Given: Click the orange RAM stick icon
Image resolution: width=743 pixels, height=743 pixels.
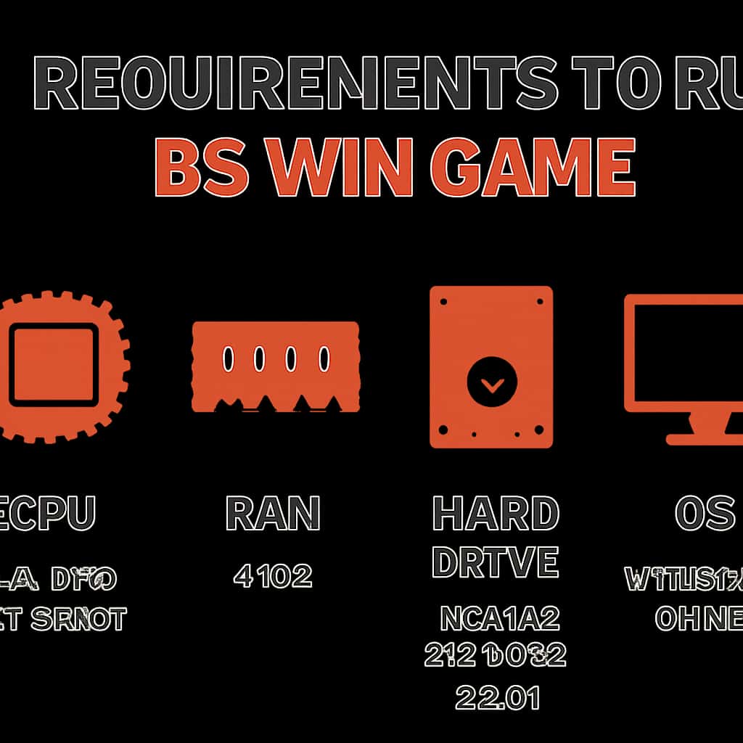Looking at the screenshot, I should [276, 366].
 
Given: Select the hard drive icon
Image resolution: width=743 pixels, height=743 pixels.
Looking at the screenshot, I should [491, 366].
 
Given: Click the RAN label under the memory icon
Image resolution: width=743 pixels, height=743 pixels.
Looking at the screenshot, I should [273, 514].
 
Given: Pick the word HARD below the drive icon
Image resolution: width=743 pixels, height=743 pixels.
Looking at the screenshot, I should [496, 514].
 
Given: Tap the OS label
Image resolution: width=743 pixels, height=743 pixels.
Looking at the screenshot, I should [705, 514].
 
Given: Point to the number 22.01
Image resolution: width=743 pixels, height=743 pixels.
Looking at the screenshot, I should [497, 699].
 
